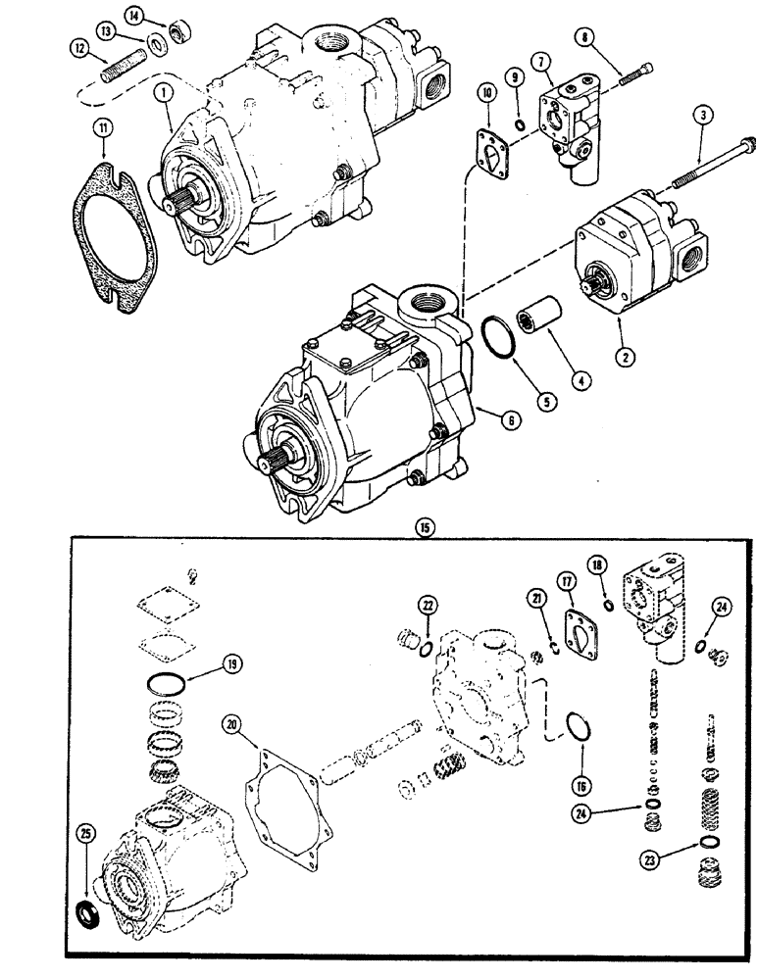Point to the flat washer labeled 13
pos(157,44)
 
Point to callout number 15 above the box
pos(423,526)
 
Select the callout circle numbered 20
pos(231,722)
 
